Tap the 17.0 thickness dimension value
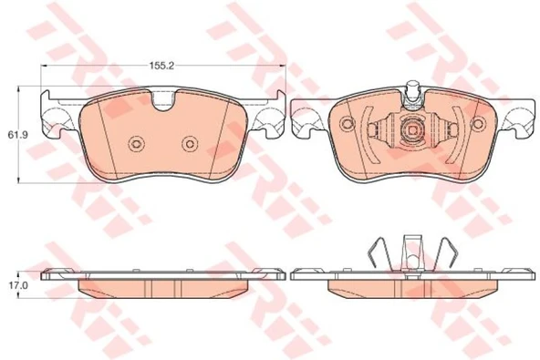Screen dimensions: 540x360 point(14,285)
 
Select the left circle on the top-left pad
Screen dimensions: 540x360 point(136,144)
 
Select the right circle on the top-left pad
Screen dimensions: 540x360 point(190,144)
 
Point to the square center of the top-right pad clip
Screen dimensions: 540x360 point(412,130)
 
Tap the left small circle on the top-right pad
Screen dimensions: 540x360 point(348,123)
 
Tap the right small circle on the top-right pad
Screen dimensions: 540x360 point(478,123)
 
